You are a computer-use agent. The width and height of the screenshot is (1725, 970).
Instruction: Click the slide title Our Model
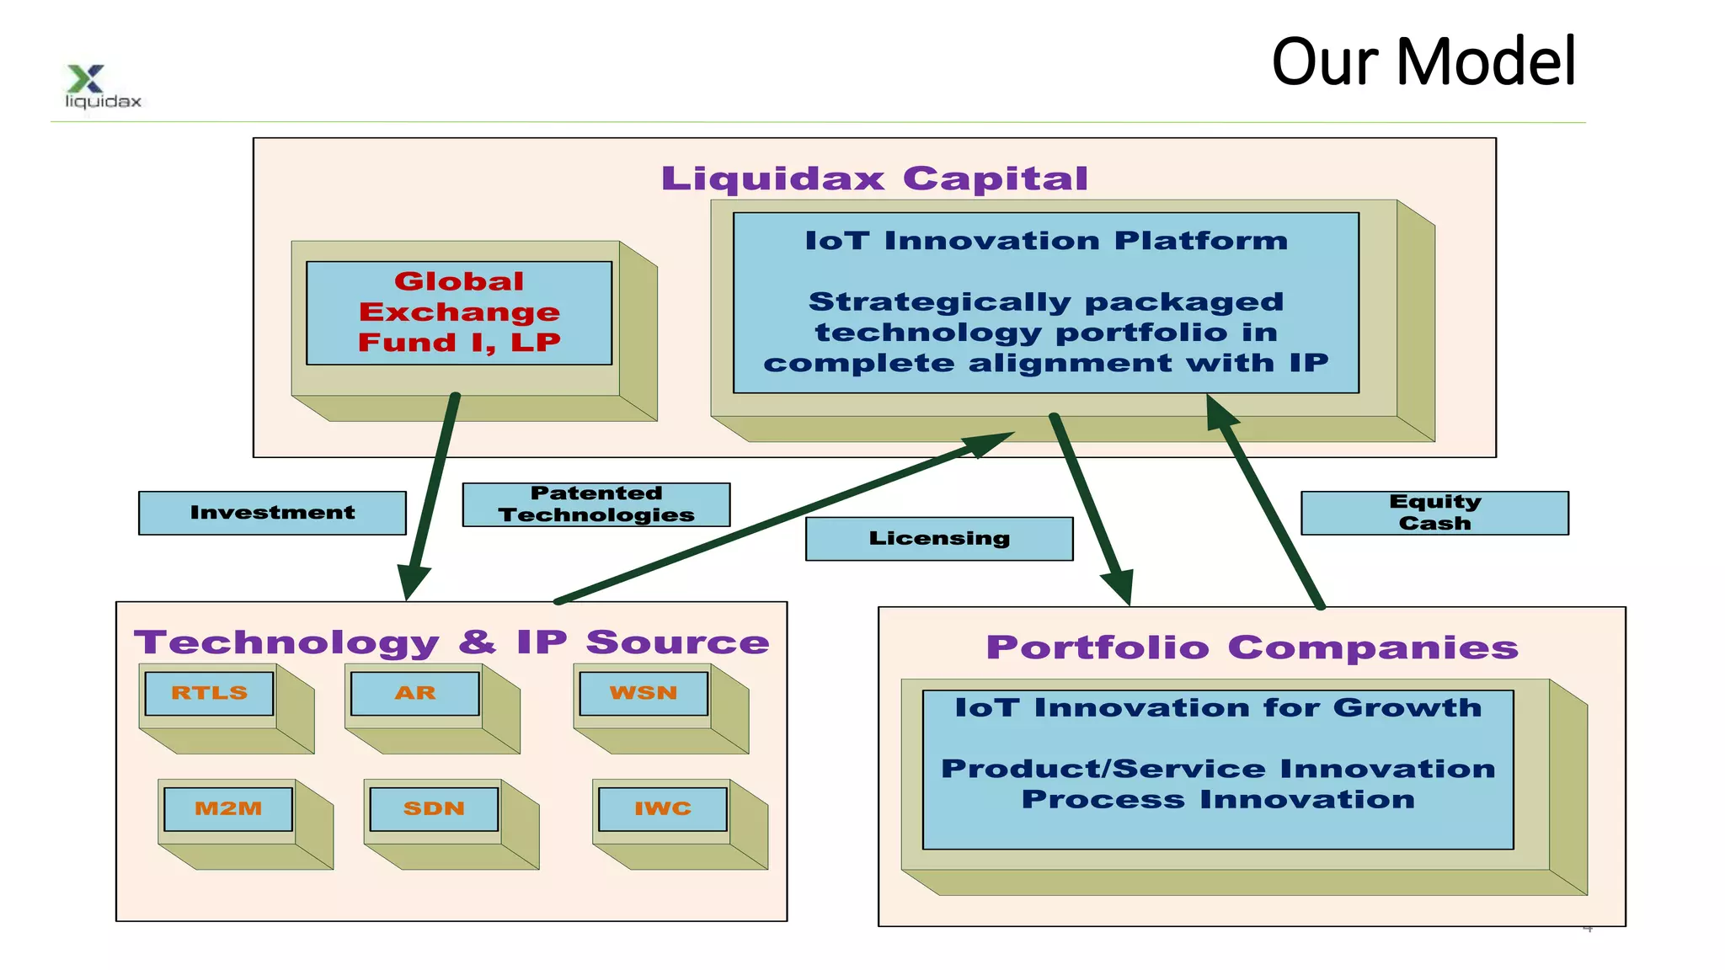point(1423,62)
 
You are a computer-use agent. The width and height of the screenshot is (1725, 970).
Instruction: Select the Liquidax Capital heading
point(874,179)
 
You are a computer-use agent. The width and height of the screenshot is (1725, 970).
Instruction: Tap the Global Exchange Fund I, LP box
point(459,312)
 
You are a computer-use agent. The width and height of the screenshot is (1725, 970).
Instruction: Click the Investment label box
point(272,513)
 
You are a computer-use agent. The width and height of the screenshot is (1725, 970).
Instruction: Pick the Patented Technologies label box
point(596,504)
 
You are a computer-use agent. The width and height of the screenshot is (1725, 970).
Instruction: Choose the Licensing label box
point(939,539)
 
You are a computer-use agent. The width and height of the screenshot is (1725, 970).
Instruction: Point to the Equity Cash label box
point(1434,513)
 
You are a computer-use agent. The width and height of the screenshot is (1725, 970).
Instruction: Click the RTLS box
point(210,693)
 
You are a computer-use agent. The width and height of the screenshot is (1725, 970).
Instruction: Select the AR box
point(415,693)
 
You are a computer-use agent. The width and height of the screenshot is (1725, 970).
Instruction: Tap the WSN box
point(644,693)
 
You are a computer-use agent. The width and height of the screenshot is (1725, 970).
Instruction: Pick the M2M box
point(228,808)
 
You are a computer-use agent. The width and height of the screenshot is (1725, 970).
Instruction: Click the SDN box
point(434,808)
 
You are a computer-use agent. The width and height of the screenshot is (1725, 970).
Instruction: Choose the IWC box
point(663,808)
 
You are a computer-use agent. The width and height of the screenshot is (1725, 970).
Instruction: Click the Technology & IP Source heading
point(451,642)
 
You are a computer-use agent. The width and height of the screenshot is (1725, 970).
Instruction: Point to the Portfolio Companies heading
point(1252,648)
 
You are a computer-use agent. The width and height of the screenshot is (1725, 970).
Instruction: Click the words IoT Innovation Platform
point(1046,241)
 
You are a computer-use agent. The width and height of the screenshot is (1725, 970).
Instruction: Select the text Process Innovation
point(1218,799)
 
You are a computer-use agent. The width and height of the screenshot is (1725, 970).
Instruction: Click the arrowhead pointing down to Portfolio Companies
point(1120,585)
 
